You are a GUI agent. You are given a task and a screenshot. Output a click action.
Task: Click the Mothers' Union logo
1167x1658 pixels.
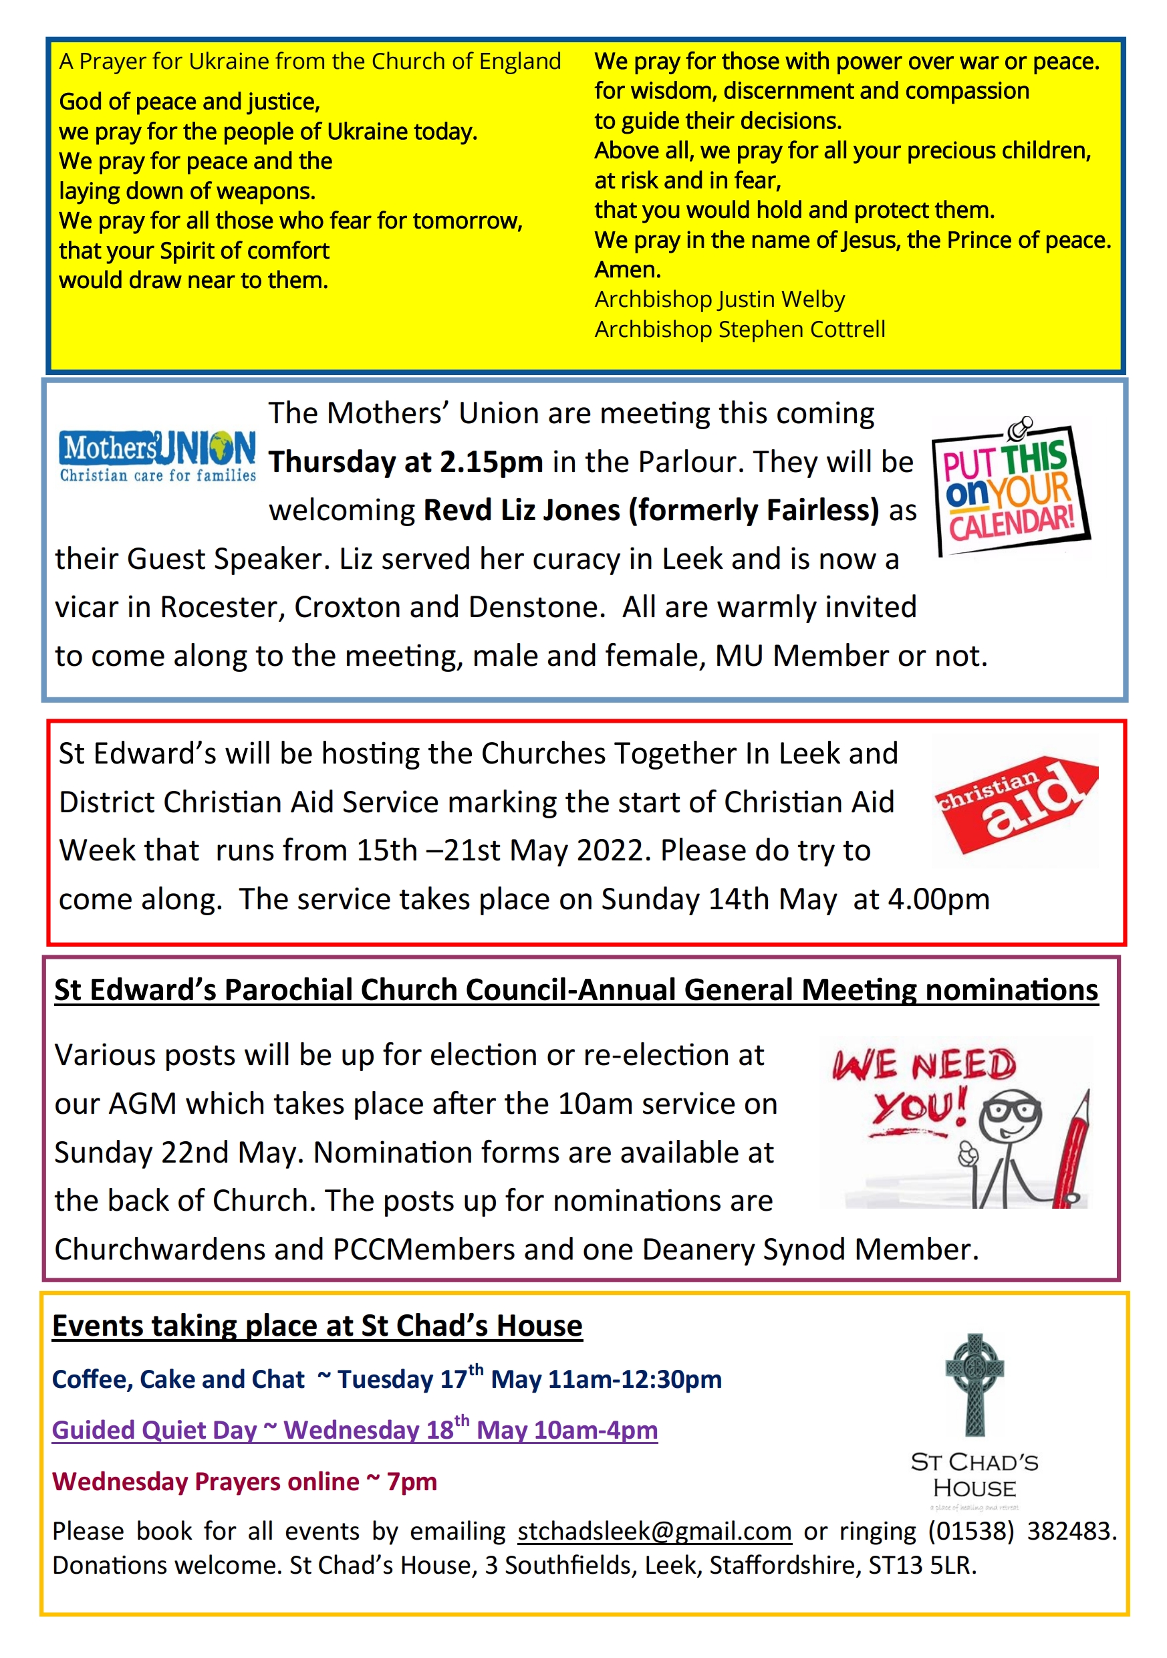pos(158,455)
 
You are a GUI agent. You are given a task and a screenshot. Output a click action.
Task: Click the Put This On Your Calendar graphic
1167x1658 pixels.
pos(1011,491)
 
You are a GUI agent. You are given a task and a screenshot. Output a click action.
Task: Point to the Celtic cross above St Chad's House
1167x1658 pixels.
pos(975,1382)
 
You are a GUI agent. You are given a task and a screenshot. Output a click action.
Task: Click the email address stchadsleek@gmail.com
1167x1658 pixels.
pos(654,1531)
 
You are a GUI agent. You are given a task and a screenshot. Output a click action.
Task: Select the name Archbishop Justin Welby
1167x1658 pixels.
pos(719,299)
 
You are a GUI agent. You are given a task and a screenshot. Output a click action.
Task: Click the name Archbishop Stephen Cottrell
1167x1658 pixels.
pos(739,330)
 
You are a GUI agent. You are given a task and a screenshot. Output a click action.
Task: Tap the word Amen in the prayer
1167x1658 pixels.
pos(627,269)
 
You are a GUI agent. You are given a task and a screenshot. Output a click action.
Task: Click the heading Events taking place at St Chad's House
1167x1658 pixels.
pos(317,1326)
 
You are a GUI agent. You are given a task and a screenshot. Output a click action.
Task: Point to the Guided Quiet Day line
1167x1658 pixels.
pos(354,1430)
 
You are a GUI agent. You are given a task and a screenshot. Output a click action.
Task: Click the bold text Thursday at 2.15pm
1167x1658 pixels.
pos(406,462)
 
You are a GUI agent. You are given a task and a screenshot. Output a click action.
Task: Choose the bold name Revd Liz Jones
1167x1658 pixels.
pos(521,511)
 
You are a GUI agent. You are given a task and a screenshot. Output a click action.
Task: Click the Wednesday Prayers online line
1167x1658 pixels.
pos(245,1482)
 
